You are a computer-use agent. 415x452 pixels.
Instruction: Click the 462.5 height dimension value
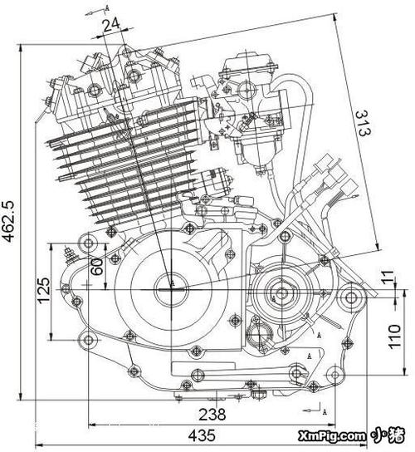point(8,221)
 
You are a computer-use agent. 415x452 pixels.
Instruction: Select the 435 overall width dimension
point(202,435)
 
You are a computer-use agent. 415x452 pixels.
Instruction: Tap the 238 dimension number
point(212,415)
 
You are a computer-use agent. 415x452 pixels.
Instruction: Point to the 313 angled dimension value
point(363,123)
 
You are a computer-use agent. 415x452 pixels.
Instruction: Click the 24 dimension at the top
point(111,26)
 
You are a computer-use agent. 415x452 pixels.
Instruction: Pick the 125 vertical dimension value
point(44,291)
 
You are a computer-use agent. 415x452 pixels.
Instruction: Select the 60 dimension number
point(96,267)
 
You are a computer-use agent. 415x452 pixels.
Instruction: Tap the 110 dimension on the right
point(394,337)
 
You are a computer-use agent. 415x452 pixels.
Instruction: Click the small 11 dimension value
point(388,277)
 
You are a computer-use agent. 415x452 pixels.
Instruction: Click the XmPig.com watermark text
point(331,436)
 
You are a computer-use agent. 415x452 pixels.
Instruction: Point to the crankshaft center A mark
point(173,283)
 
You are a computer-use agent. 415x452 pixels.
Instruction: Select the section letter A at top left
point(107,8)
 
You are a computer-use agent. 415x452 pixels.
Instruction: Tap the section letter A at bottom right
point(325,411)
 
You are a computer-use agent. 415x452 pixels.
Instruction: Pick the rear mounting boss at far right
point(351,297)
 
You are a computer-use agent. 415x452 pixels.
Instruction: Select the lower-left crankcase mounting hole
point(88,340)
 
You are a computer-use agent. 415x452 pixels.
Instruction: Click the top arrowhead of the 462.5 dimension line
point(21,49)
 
